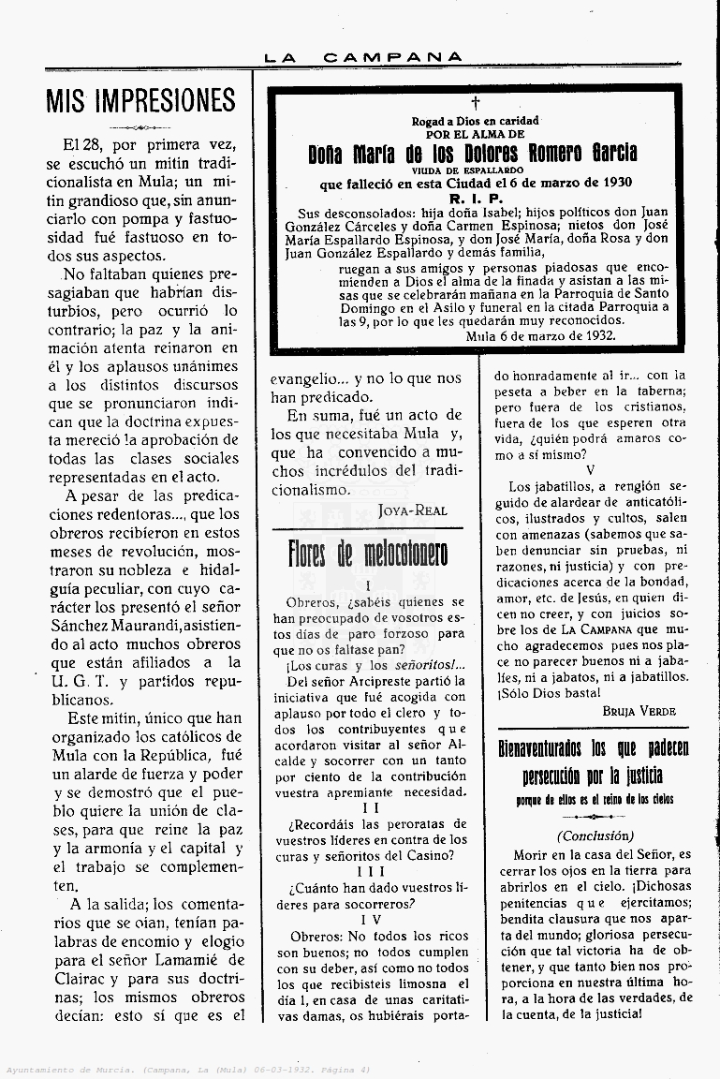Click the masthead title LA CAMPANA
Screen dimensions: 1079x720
click(x=363, y=58)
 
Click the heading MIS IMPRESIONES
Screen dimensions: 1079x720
click(x=140, y=101)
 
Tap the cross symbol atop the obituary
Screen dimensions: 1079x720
click(x=475, y=102)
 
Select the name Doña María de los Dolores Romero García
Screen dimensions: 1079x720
click(x=473, y=153)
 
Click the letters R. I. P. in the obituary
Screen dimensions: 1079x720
click(x=475, y=199)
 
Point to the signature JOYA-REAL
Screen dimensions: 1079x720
click(x=413, y=510)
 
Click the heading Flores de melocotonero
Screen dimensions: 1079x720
click(x=367, y=554)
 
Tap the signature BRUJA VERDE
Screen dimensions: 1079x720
click(x=639, y=711)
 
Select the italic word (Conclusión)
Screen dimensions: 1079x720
click(x=595, y=835)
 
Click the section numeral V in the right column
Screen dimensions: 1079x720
click(x=590, y=469)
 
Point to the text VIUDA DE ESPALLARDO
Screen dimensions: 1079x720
click(x=474, y=170)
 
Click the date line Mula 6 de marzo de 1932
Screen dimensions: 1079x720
click(x=545, y=334)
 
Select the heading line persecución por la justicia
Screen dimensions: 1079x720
click(x=593, y=776)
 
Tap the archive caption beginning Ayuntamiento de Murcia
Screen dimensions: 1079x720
click(x=187, y=1069)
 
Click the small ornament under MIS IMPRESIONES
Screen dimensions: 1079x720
click(x=140, y=128)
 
